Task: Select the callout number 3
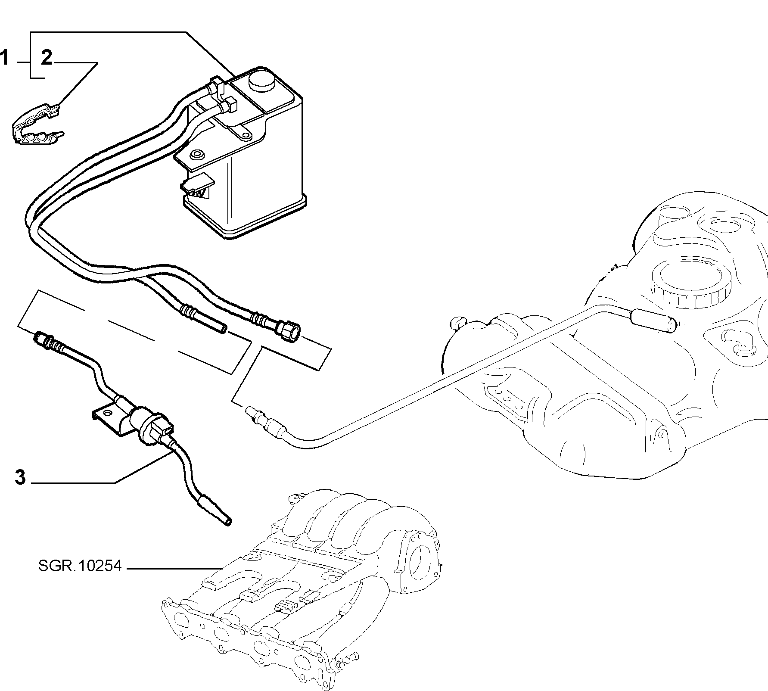point(20,477)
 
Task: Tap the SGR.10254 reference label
point(80,566)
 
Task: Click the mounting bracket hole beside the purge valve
point(108,414)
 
